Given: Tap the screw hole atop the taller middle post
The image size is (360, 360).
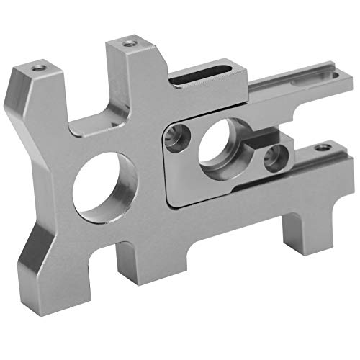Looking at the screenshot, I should coord(129,44).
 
